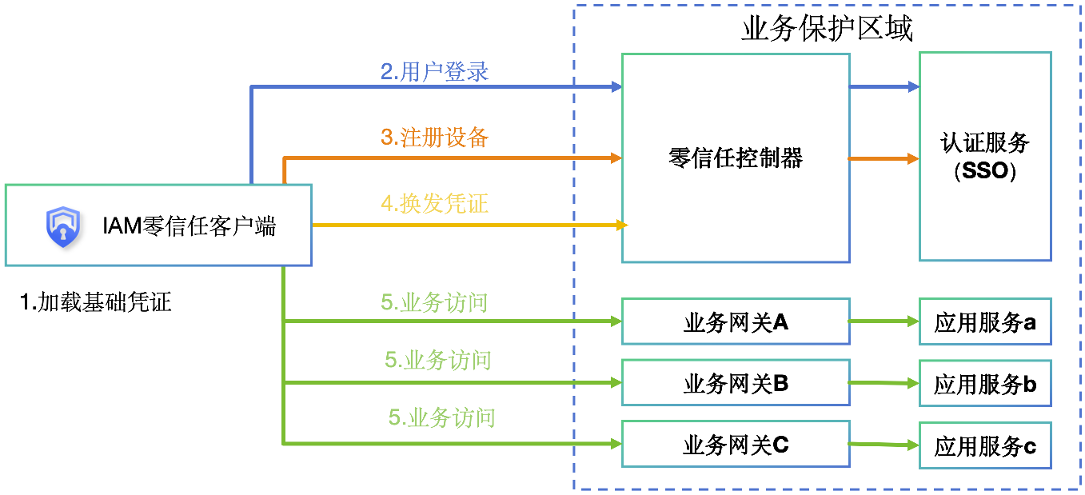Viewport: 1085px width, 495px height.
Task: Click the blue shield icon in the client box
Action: [62, 226]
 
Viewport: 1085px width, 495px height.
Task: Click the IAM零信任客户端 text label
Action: [189, 226]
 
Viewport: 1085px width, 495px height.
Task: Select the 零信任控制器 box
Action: [735, 158]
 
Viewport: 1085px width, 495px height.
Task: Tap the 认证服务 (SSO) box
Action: [984, 157]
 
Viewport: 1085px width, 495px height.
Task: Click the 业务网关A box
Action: [735, 322]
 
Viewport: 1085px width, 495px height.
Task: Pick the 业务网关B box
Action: [735, 384]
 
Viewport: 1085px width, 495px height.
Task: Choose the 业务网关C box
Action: [735, 445]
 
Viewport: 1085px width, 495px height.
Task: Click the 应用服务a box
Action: [984, 322]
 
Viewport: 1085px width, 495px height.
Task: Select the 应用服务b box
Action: [984, 384]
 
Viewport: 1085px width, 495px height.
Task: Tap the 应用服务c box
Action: [984, 446]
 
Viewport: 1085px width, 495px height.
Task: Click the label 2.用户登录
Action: [434, 72]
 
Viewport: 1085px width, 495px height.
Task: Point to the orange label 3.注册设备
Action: [434, 138]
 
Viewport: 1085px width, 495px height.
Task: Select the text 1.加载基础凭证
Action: [96, 302]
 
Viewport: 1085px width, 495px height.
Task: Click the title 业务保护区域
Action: [827, 30]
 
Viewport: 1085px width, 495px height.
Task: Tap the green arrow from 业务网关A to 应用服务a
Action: [884, 321]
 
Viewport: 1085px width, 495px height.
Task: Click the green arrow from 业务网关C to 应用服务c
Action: [884, 445]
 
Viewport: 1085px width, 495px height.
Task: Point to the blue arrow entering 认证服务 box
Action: [884, 86]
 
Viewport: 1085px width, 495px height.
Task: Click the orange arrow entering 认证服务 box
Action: [884, 158]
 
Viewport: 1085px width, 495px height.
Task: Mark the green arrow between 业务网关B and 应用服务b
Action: [884, 383]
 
